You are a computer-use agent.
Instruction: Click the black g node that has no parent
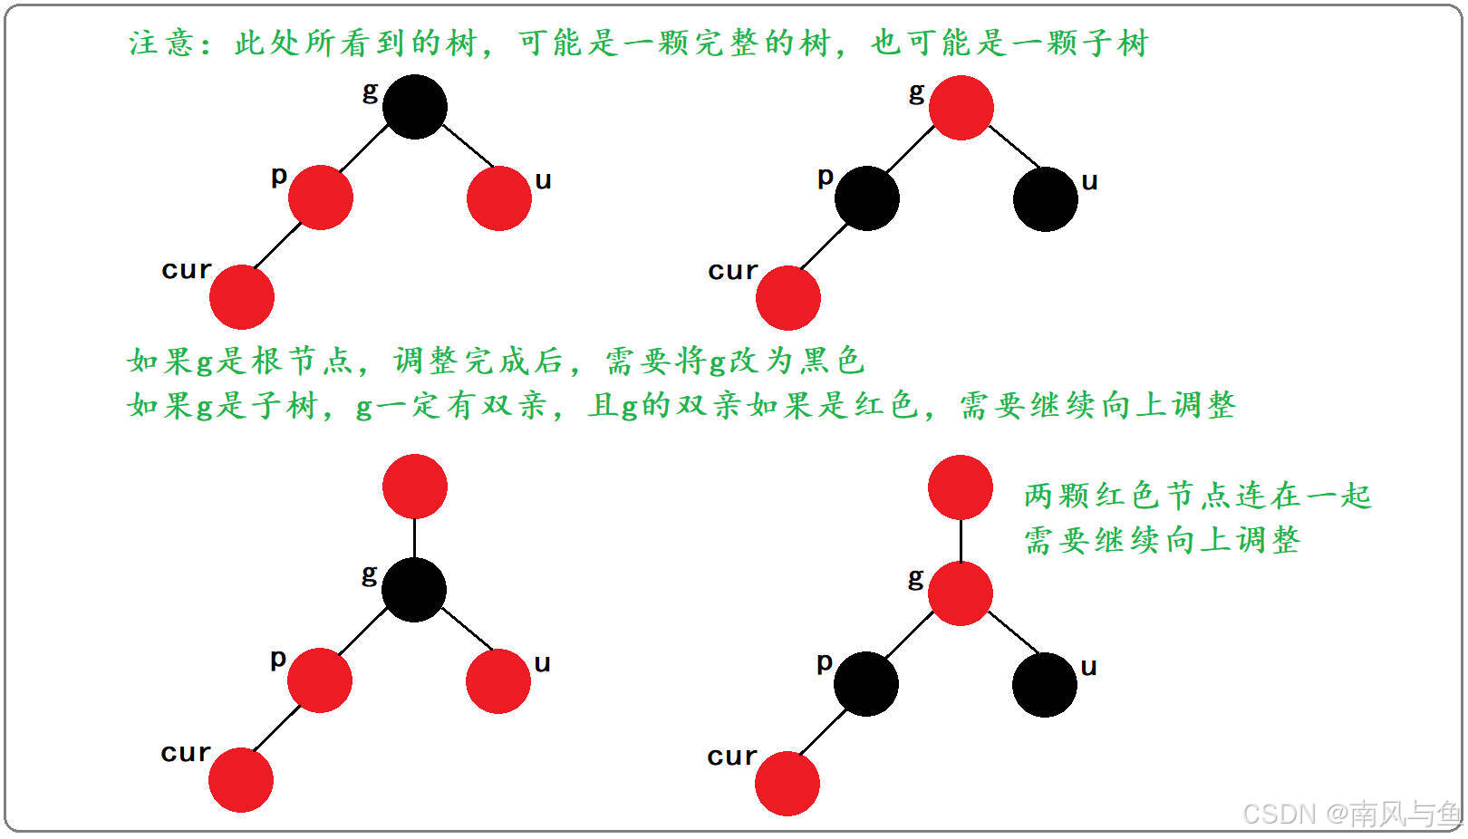tap(415, 107)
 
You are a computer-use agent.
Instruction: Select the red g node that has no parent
tap(961, 108)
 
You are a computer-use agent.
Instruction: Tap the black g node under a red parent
tap(414, 590)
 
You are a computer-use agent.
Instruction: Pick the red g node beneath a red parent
tap(961, 593)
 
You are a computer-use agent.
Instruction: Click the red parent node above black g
tap(415, 487)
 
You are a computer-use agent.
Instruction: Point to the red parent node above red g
tap(961, 487)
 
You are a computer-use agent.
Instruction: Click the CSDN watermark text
tap(1350, 813)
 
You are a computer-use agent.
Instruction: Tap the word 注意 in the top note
tap(161, 43)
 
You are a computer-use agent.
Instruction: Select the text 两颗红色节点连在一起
tap(1197, 496)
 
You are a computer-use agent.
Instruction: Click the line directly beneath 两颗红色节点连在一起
tap(1162, 541)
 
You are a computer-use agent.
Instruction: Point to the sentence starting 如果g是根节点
tap(495, 361)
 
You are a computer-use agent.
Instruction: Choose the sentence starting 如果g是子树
tap(681, 405)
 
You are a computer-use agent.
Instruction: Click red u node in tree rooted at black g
tap(499, 198)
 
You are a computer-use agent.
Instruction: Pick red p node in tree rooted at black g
tap(321, 198)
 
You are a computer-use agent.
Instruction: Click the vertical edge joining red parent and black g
tap(415, 538)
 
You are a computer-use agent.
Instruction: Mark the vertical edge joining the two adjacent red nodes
tap(961, 541)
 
